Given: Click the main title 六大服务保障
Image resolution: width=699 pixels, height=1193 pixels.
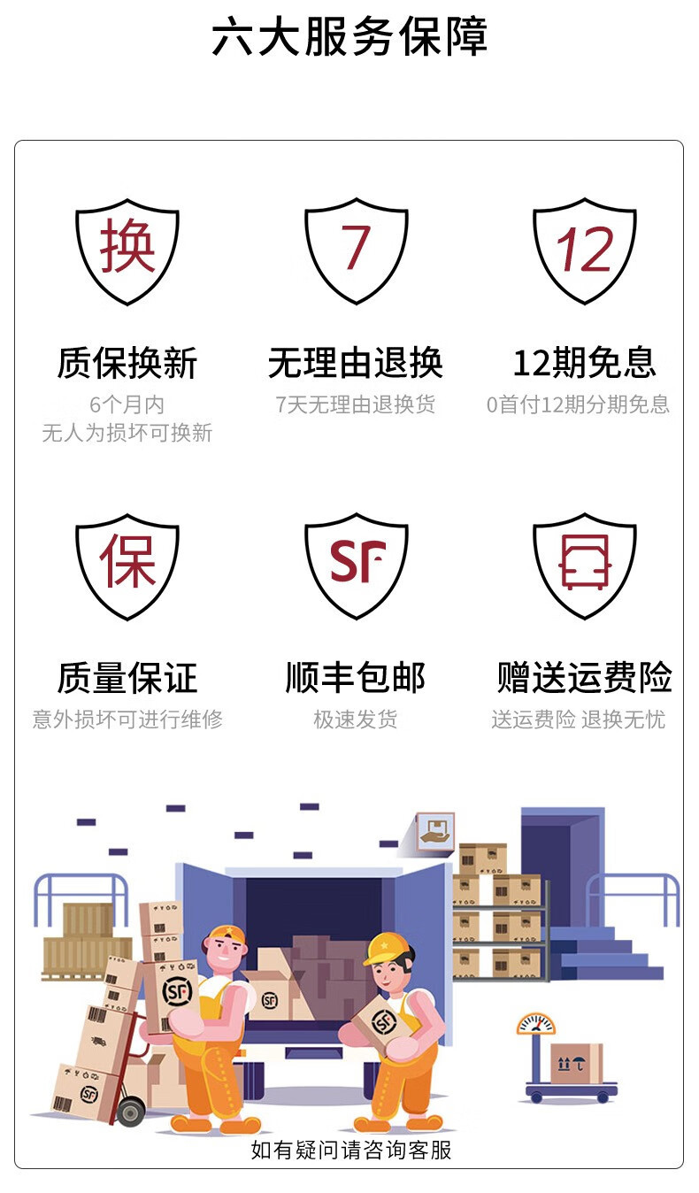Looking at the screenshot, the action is coord(349,39).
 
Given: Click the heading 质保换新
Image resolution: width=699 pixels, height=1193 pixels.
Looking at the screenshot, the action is coord(127,364).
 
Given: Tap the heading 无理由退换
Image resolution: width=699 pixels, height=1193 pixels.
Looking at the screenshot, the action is coord(356,364).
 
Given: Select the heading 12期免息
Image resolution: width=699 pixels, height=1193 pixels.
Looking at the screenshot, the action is coord(584,364).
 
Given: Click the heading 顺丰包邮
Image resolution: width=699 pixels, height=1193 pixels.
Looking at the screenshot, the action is coord(356,679).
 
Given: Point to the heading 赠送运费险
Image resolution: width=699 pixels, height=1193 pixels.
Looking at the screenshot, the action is coord(584,679).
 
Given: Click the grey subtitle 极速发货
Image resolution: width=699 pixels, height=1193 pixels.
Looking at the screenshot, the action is coord(356,720).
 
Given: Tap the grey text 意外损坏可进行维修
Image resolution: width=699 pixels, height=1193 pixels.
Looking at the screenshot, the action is coord(127,720).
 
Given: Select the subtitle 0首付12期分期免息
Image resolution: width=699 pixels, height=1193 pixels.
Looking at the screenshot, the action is coord(578,405).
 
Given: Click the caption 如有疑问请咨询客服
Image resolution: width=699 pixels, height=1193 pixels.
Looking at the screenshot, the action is coord(351,1150).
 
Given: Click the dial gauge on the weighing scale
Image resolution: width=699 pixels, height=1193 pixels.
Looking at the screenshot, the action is coord(536,1024).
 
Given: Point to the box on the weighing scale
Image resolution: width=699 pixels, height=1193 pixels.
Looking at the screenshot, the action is coord(576,1063).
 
